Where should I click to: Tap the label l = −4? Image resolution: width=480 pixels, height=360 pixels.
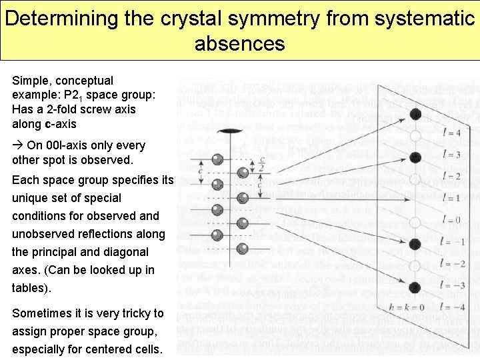(x=453, y=307)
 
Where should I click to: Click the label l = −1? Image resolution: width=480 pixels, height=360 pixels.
(x=453, y=241)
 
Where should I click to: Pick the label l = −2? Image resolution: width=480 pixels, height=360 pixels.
(x=453, y=264)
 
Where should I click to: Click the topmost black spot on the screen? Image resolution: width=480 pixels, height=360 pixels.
(x=415, y=113)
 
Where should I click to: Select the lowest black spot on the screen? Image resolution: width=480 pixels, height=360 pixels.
(x=415, y=287)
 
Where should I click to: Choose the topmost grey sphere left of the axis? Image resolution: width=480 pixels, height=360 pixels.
(x=217, y=159)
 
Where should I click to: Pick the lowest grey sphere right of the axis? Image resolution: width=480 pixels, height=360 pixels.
(x=243, y=223)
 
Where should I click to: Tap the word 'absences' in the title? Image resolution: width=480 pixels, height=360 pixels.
(x=239, y=44)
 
